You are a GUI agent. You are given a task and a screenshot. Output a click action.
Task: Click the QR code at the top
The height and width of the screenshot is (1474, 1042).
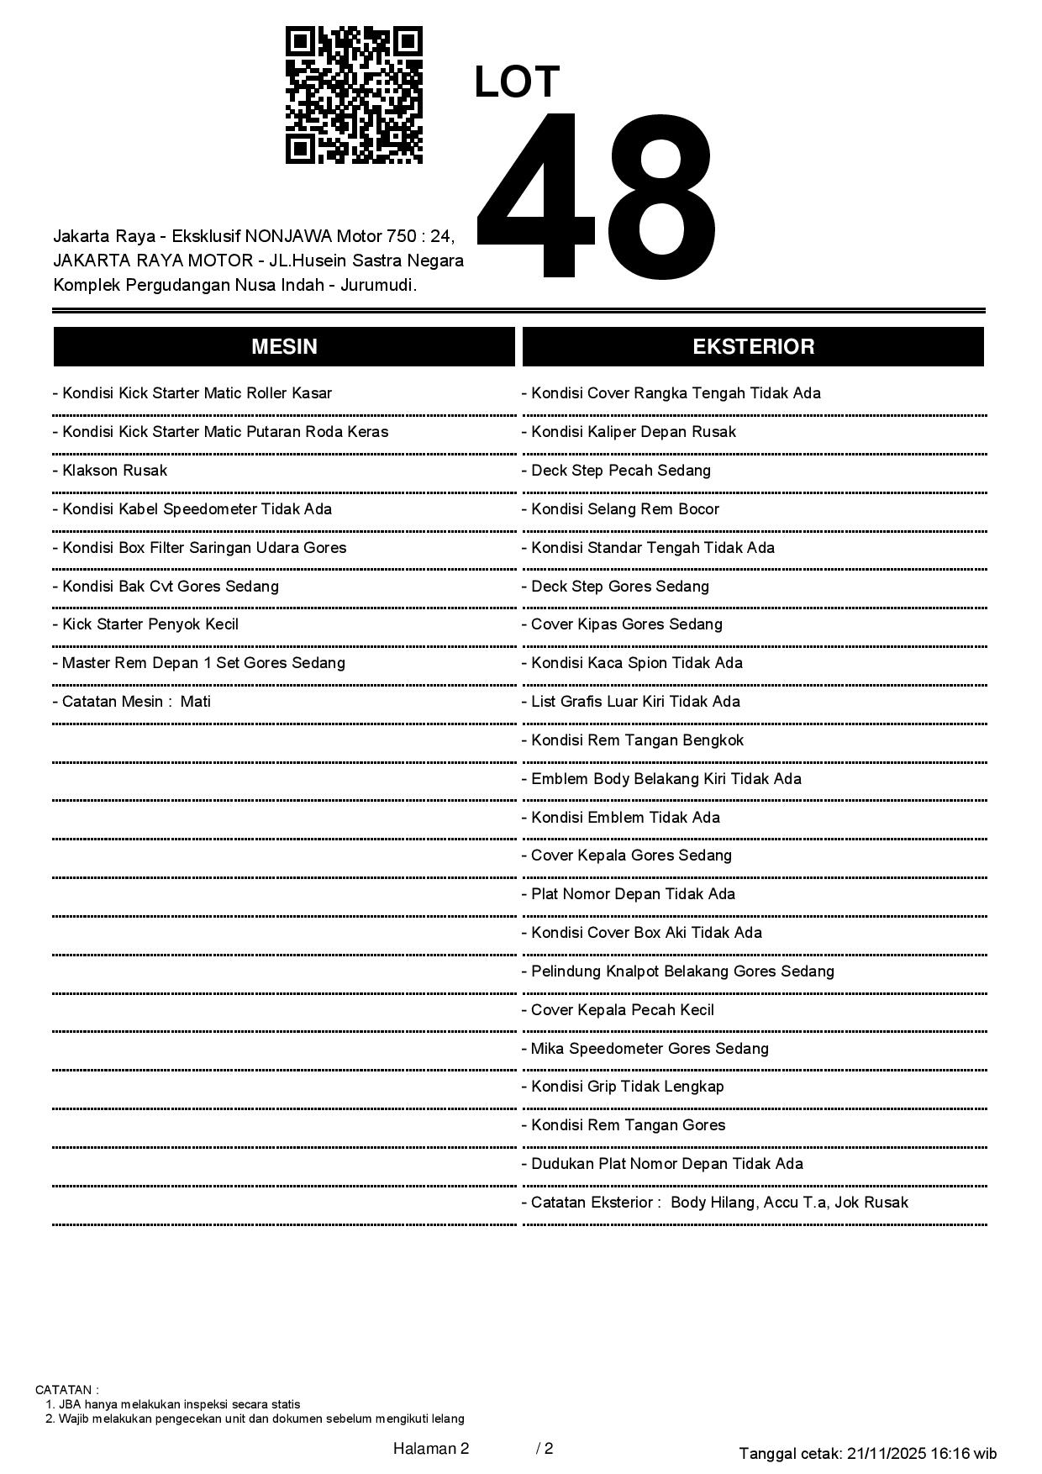[354, 95]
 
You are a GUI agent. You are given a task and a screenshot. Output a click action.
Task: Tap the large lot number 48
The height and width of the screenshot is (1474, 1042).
[597, 196]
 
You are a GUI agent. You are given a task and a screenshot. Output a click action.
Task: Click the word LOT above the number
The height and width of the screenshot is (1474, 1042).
[517, 82]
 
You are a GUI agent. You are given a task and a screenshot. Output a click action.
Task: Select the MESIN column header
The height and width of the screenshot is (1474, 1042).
[284, 347]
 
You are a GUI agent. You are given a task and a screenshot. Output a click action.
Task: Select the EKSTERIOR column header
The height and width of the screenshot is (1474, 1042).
[753, 347]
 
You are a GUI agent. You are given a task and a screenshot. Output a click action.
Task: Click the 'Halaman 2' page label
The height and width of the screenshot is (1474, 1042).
[431, 1448]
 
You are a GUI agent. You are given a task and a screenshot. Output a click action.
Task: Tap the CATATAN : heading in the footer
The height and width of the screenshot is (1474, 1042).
[67, 1390]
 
